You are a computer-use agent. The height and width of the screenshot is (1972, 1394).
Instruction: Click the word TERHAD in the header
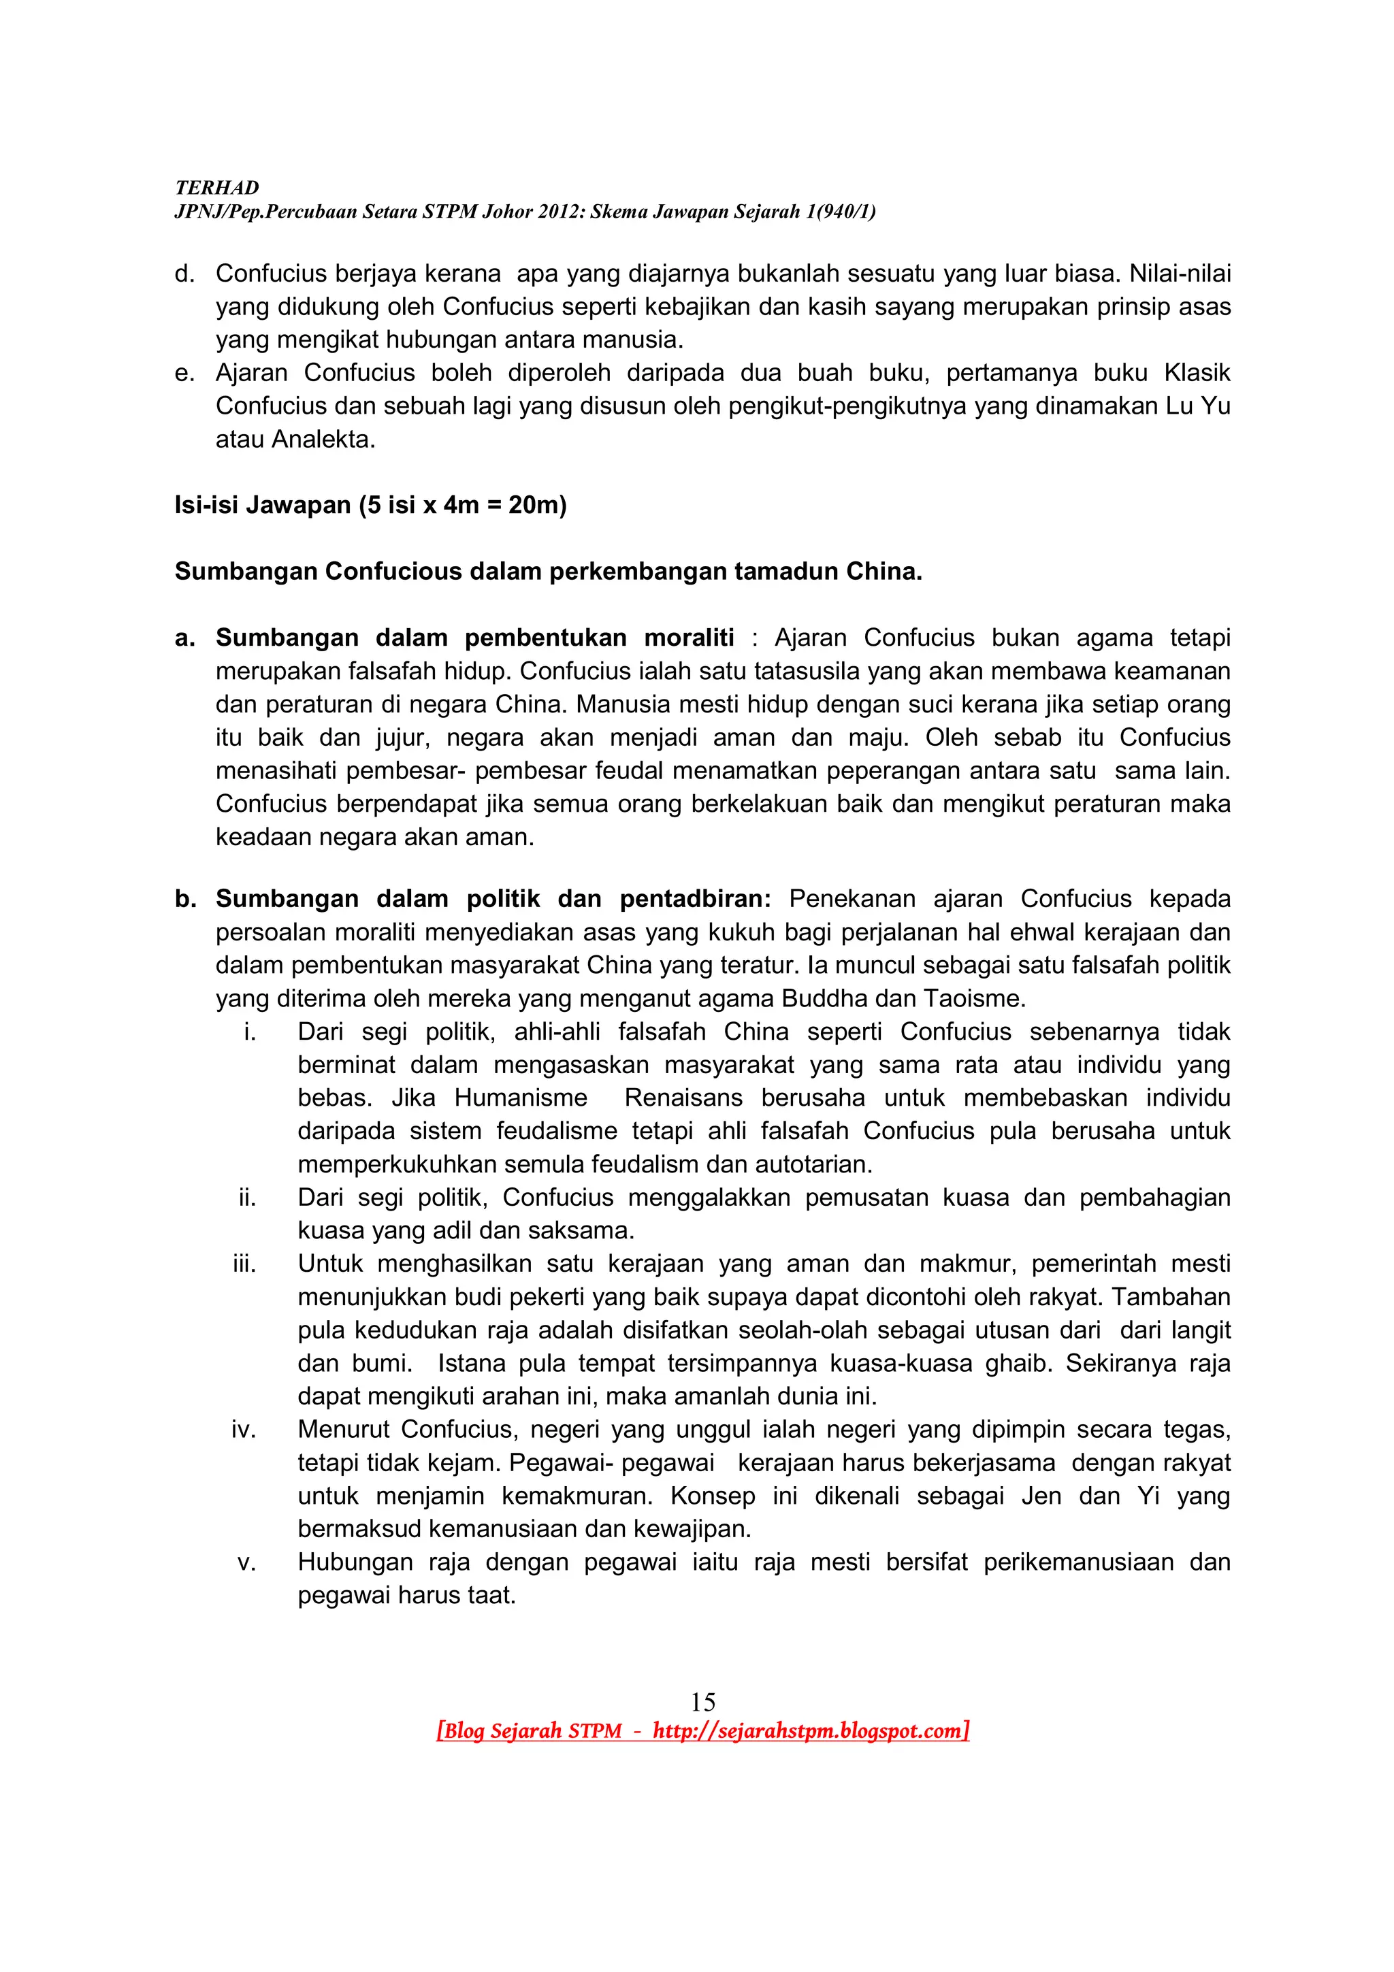216,187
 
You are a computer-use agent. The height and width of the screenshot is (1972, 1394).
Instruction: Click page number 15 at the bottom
702,1701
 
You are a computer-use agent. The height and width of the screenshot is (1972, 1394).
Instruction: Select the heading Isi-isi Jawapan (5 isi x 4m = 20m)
370,504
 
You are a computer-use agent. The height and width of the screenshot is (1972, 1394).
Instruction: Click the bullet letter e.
184,373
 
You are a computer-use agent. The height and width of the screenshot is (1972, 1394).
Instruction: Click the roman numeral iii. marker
245,1264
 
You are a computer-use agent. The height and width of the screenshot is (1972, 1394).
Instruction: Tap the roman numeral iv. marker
244,1429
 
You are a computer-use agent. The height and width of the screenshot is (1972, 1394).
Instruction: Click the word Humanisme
521,1098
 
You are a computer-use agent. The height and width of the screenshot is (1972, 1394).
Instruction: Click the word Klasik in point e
1197,373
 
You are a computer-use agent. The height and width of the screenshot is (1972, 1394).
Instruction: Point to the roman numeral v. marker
246,1562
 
